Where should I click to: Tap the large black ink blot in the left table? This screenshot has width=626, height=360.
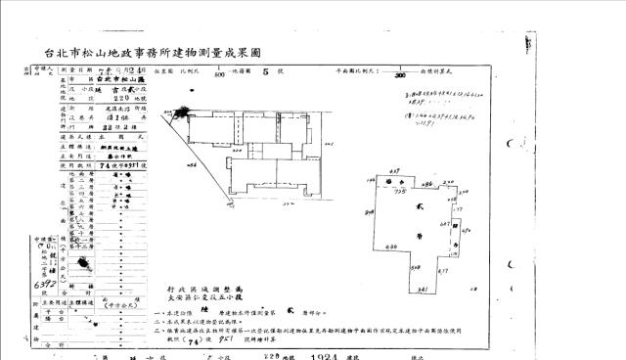click(x=86, y=264)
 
